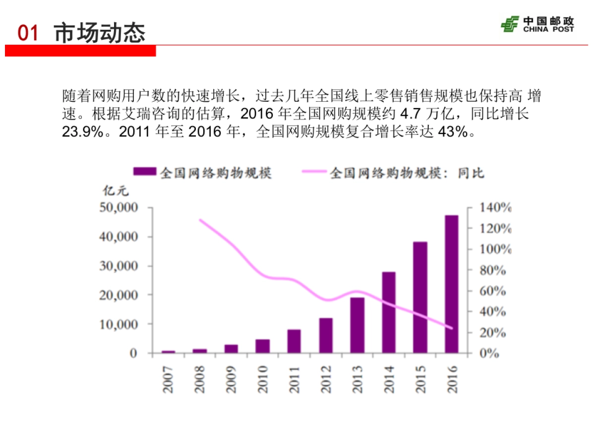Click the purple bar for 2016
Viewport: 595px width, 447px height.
point(452,284)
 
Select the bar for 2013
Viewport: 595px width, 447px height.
point(357,325)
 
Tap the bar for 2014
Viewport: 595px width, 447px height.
point(389,312)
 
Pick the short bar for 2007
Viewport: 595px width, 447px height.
point(169,352)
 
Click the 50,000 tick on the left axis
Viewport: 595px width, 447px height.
point(119,208)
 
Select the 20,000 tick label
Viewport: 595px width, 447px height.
point(119,295)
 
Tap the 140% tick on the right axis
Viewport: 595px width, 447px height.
point(495,208)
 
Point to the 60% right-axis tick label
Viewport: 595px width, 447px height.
point(492,291)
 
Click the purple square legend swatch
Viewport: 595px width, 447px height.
point(145,172)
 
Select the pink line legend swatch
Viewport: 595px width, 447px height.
point(314,172)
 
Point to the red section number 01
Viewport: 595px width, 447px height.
point(28,33)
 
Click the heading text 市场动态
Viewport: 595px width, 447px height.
point(100,32)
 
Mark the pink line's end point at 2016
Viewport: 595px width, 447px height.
point(452,328)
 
